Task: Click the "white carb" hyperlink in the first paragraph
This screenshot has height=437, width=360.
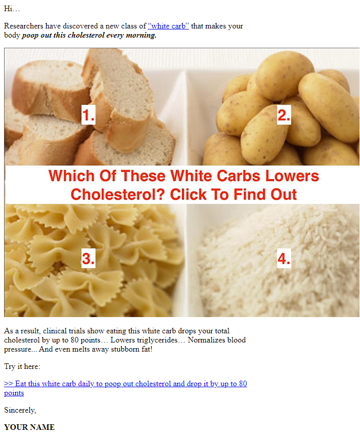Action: (169, 26)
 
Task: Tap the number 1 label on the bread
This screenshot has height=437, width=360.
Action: (88, 115)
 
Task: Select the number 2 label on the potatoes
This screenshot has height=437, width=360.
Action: (284, 115)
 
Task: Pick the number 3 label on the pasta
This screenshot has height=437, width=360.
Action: (88, 258)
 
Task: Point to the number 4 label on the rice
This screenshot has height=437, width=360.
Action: (284, 258)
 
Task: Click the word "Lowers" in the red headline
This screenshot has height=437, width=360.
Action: (292, 176)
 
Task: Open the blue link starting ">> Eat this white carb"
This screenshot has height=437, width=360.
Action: (125, 388)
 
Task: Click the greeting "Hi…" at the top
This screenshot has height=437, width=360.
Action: (12, 9)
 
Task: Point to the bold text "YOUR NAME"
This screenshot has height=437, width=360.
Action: (29, 427)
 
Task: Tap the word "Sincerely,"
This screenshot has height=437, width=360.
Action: (20, 410)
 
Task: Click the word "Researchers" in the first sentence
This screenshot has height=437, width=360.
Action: (24, 26)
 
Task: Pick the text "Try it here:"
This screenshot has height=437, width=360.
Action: (22, 366)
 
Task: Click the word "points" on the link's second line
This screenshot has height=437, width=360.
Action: (14, 393)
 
